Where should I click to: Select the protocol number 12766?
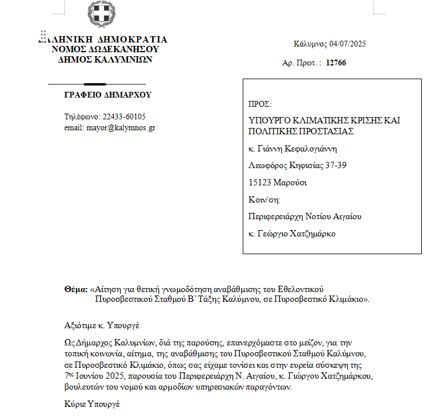tap(336, 63)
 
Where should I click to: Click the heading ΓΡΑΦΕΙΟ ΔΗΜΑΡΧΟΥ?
tap(108, 95)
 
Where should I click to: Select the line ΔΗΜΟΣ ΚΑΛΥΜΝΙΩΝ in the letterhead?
tap(105, 59)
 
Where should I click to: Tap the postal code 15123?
tap(259, 182)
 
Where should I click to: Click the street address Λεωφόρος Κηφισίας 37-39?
tap(297, 166)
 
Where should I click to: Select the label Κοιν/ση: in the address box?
tap(263, 200)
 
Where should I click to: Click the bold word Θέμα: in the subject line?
tap(76, 290)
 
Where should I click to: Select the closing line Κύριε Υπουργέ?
tap(92, 405)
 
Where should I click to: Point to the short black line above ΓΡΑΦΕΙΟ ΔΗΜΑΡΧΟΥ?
tap(103, 84)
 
